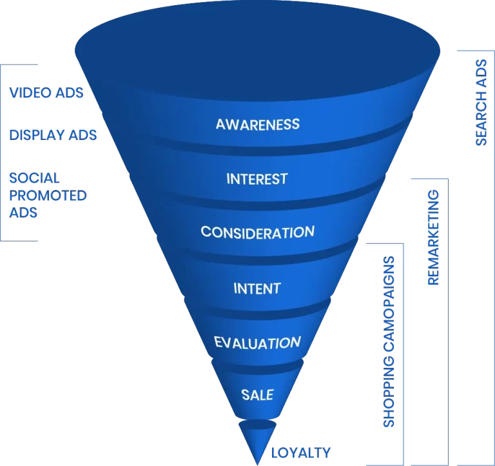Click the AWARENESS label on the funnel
click(257, 124)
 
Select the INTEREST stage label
click(257, 178)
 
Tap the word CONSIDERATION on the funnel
click(257, 232)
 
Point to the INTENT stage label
click(257, 287)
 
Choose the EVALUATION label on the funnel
click(257, 343)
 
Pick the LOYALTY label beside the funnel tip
click(301, 452)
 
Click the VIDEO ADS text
click(46, 93)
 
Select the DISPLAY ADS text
click(53, 135)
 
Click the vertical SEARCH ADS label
click(481, 103)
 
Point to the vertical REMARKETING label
click(433, 237)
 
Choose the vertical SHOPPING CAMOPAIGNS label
click(389, 341)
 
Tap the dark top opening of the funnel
click(258, 48)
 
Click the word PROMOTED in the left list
click(48, 195)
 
